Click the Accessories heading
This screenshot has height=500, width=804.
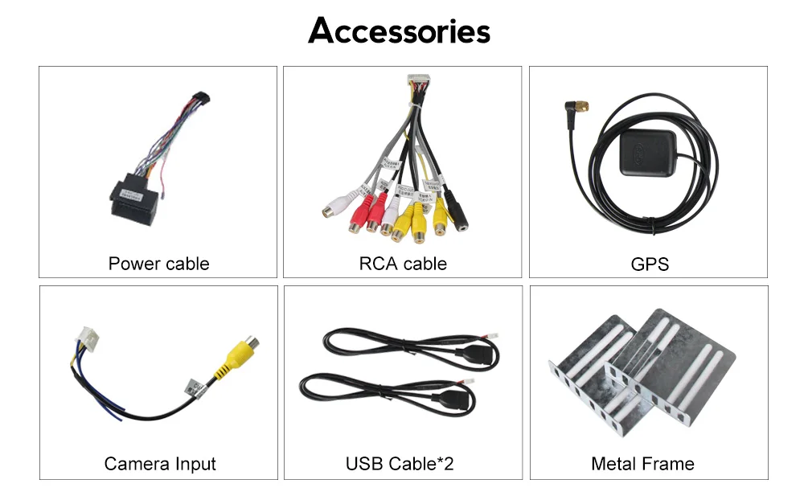399,31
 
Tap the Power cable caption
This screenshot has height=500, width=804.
158,264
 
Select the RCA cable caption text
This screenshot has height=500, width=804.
403,264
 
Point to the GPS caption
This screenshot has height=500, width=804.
650,264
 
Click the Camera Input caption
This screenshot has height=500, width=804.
160,464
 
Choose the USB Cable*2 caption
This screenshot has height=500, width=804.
400,464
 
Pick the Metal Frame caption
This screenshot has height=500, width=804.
642,464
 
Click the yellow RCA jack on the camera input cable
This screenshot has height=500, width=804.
239,354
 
